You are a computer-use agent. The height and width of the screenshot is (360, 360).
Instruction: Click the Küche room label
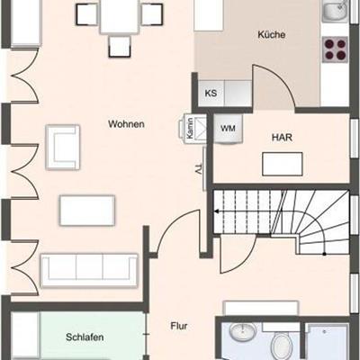click(272, 34)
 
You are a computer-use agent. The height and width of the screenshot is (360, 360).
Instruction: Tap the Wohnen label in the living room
click(126, 124)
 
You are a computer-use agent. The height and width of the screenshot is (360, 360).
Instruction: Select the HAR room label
click(282, 138)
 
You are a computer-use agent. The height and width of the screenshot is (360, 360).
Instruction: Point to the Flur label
click(179, 326)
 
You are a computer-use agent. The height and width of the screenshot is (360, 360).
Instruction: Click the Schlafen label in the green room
click(85, 337)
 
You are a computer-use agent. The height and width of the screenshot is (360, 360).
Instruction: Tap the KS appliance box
click(211, 93)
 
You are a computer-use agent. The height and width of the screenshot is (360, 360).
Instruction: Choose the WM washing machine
click(229, 129)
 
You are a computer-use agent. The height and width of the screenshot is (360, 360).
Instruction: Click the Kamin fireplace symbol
click(193, 129)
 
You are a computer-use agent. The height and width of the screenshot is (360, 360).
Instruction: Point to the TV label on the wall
click(198, 169)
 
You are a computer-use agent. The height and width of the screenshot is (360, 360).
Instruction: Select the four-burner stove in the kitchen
click(336, 49)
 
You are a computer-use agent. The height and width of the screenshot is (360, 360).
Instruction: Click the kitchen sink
click(335, 11)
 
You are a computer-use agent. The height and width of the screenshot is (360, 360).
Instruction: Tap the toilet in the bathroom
click(282, 345)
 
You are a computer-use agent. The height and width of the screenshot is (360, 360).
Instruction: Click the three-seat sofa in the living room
click(89, 271)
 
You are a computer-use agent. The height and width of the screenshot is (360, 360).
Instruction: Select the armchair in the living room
click(63, 148)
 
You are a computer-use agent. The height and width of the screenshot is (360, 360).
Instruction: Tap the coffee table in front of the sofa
click(87, 211)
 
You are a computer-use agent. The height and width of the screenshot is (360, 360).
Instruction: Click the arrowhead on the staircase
click(216, 211)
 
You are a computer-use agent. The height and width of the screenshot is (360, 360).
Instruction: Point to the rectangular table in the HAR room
click(283, 164)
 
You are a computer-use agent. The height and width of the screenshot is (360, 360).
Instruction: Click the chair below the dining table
click(120, 47)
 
